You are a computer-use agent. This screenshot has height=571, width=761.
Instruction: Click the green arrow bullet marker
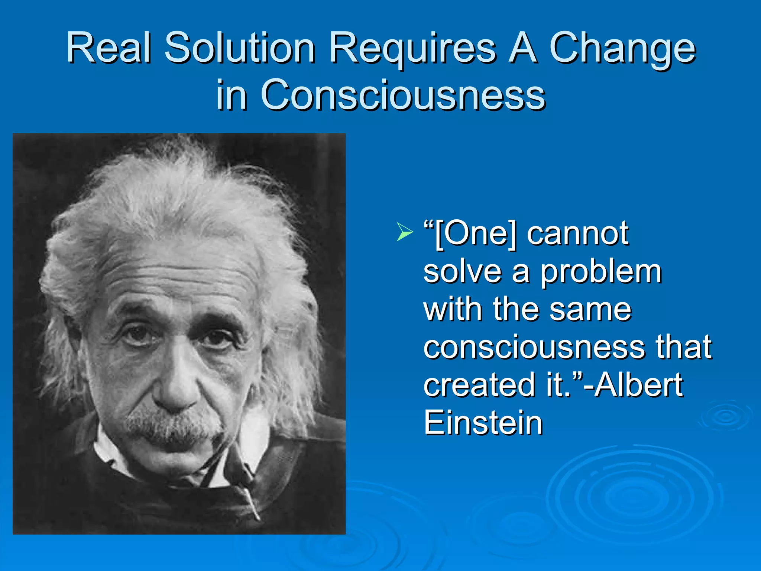(x=404, y=232)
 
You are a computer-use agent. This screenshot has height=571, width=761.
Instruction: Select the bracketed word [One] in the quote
(x=476, y=234)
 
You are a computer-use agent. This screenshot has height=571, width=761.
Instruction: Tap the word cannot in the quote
(x=577, y=234)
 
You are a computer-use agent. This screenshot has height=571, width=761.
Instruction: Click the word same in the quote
(x=590, y=310)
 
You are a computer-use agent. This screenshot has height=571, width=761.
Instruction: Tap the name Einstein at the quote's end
(x=483, y=423)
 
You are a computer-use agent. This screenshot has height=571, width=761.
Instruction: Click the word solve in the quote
(x=463, y=272)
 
